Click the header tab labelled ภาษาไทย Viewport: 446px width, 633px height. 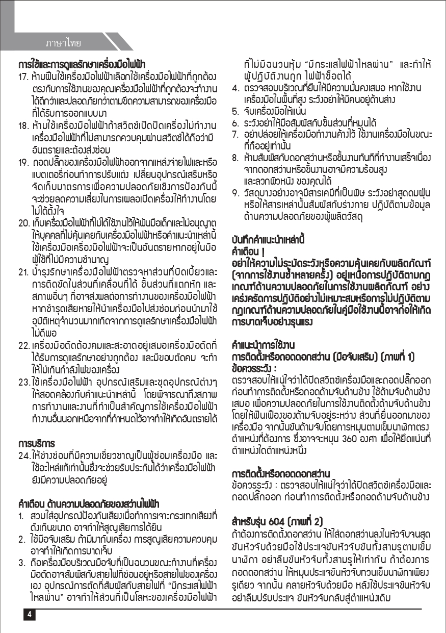[63, 42]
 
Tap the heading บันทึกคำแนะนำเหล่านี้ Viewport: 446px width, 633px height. [268, 239]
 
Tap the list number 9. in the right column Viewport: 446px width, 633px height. [235, 193]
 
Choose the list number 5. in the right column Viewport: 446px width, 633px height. [235, 111]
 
